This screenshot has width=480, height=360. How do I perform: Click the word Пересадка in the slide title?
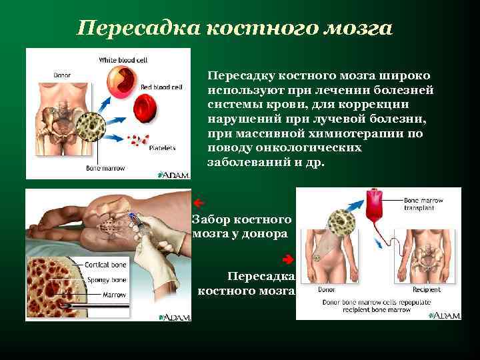(x=136, y=29)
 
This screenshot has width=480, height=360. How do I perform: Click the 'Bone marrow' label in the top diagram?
(x=105, y=168)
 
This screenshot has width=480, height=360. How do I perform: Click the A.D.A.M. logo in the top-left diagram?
(x=175, y=175)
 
